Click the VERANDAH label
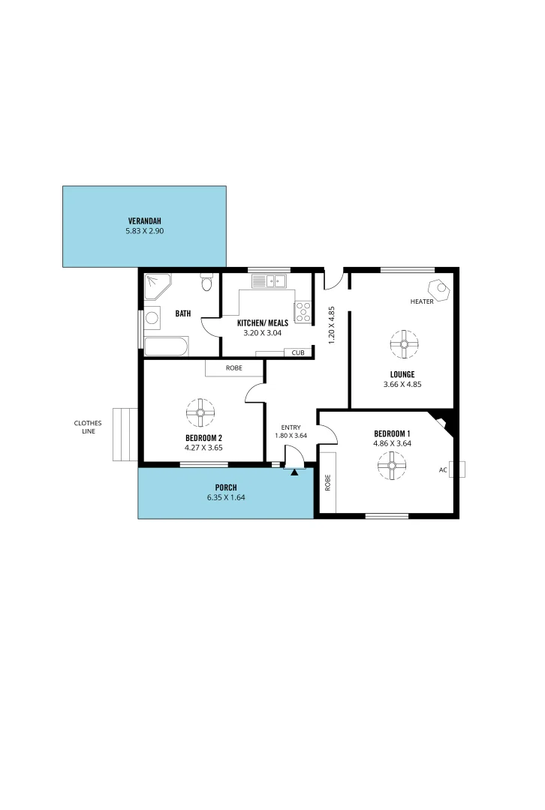coord(145,220)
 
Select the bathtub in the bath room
coord(166,346)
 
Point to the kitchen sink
coord(269,282)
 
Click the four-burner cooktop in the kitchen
coord(303,311)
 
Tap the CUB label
coord(298,352)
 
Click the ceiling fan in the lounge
coord(404,344)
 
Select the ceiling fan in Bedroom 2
coord(201,411)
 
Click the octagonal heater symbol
coord(437,289)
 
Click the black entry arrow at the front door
coord(294,472)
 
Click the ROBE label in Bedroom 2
coord(234,368)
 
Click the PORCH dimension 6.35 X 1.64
coord(226,497)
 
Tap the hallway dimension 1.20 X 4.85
coord(331,324)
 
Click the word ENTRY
coord(290,427)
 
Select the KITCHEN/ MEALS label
coord(263,323)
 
